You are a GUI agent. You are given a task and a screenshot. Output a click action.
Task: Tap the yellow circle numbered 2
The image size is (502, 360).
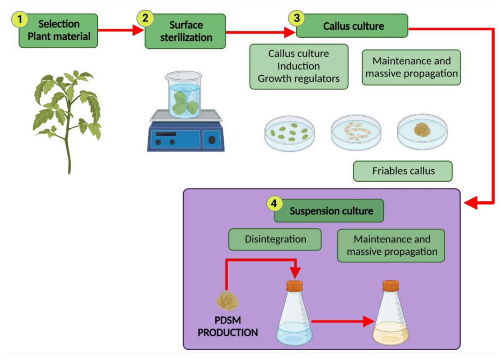tap(145, 19)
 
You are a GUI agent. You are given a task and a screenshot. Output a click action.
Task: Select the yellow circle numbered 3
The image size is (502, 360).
tap(296, 19)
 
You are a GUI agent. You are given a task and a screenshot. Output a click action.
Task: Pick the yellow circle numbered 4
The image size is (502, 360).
tap(274, 204)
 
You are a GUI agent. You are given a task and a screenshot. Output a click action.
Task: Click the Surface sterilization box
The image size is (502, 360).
tap(185, 31)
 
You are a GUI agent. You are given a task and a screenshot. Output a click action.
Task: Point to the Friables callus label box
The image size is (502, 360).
tap(403, 171)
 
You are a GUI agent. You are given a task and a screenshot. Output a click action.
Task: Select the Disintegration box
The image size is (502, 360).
tap(275, 240)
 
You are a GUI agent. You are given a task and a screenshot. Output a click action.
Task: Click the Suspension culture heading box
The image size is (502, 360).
tap(331, 211)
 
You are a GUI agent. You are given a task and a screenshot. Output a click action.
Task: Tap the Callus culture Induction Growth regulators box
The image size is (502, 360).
tap(298, 66)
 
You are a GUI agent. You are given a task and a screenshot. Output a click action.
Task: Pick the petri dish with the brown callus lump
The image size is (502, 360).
tap(422, 131)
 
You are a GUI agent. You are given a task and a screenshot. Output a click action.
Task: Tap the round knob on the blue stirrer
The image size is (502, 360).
tap(212, 140)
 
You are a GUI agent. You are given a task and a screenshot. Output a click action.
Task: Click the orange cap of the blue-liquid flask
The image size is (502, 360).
tap(294, 285)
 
